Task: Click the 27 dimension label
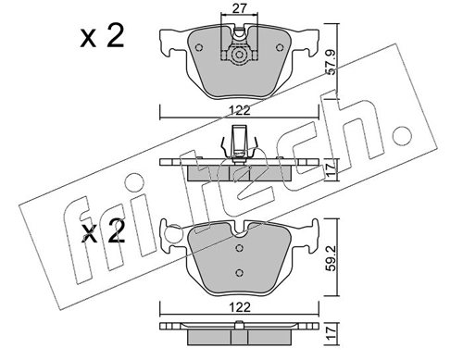(x=240, y=8)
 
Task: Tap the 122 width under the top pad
(x=241, y=110)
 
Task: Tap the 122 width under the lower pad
(x=241, y=307)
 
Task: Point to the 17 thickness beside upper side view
(x=331, y=169)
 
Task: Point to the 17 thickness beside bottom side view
(x=331, y=333)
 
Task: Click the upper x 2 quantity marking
(x=102, y=36)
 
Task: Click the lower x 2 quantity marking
(x=104, y=231)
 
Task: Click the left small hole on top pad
(x=199, y=47)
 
